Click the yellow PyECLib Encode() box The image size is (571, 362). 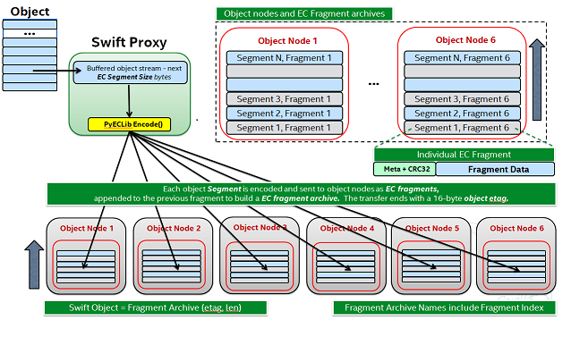[130, 123]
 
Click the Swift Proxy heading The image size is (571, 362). [130, 43]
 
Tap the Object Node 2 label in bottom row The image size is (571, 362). [173, 229]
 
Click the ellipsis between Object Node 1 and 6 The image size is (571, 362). [373, 82]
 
